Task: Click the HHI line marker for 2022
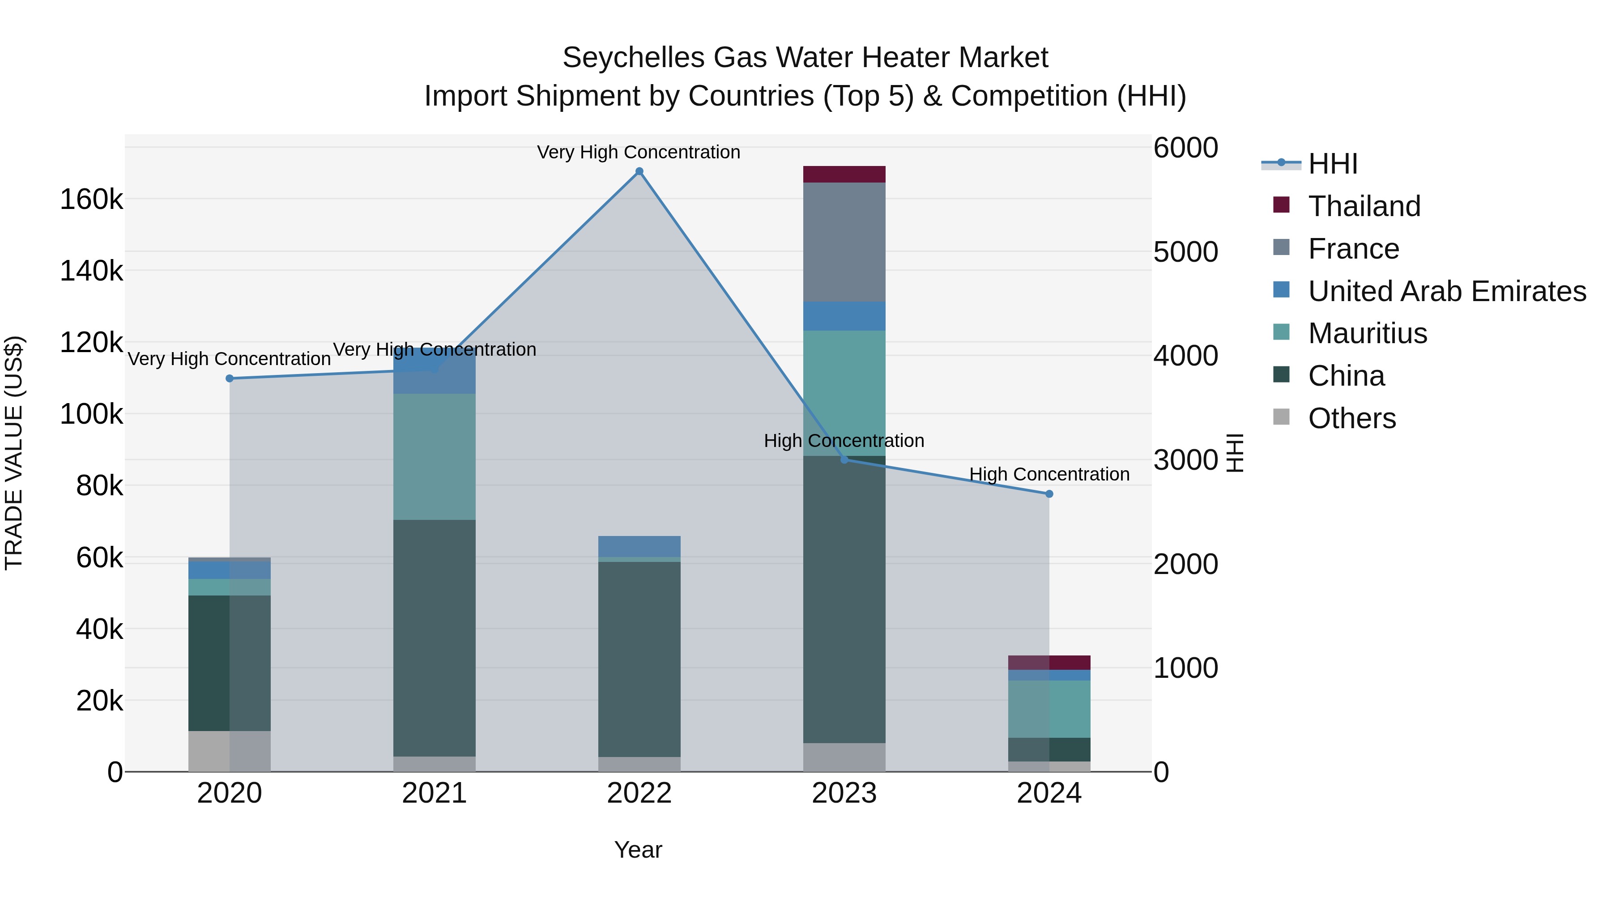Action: point(639,171)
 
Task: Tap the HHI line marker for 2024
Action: point(1049,494)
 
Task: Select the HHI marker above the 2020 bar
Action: point(230,378)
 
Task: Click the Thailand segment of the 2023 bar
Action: point(844,174)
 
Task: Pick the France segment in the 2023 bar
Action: point(844,242)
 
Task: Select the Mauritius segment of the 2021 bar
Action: point(434,456)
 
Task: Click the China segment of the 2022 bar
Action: point(639,659)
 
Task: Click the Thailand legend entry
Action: point(1364,206)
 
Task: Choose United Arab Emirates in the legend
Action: point(1446,291)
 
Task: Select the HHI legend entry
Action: point(1332,164)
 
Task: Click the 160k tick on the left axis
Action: point(91,200)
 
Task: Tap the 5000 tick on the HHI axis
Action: point(1185,252)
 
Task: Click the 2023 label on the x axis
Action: point(844,793)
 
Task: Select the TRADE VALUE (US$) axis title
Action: point(14,453)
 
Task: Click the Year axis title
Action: point(638,850)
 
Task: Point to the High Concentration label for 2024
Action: point(1049,475)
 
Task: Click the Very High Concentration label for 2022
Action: point(639,153)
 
